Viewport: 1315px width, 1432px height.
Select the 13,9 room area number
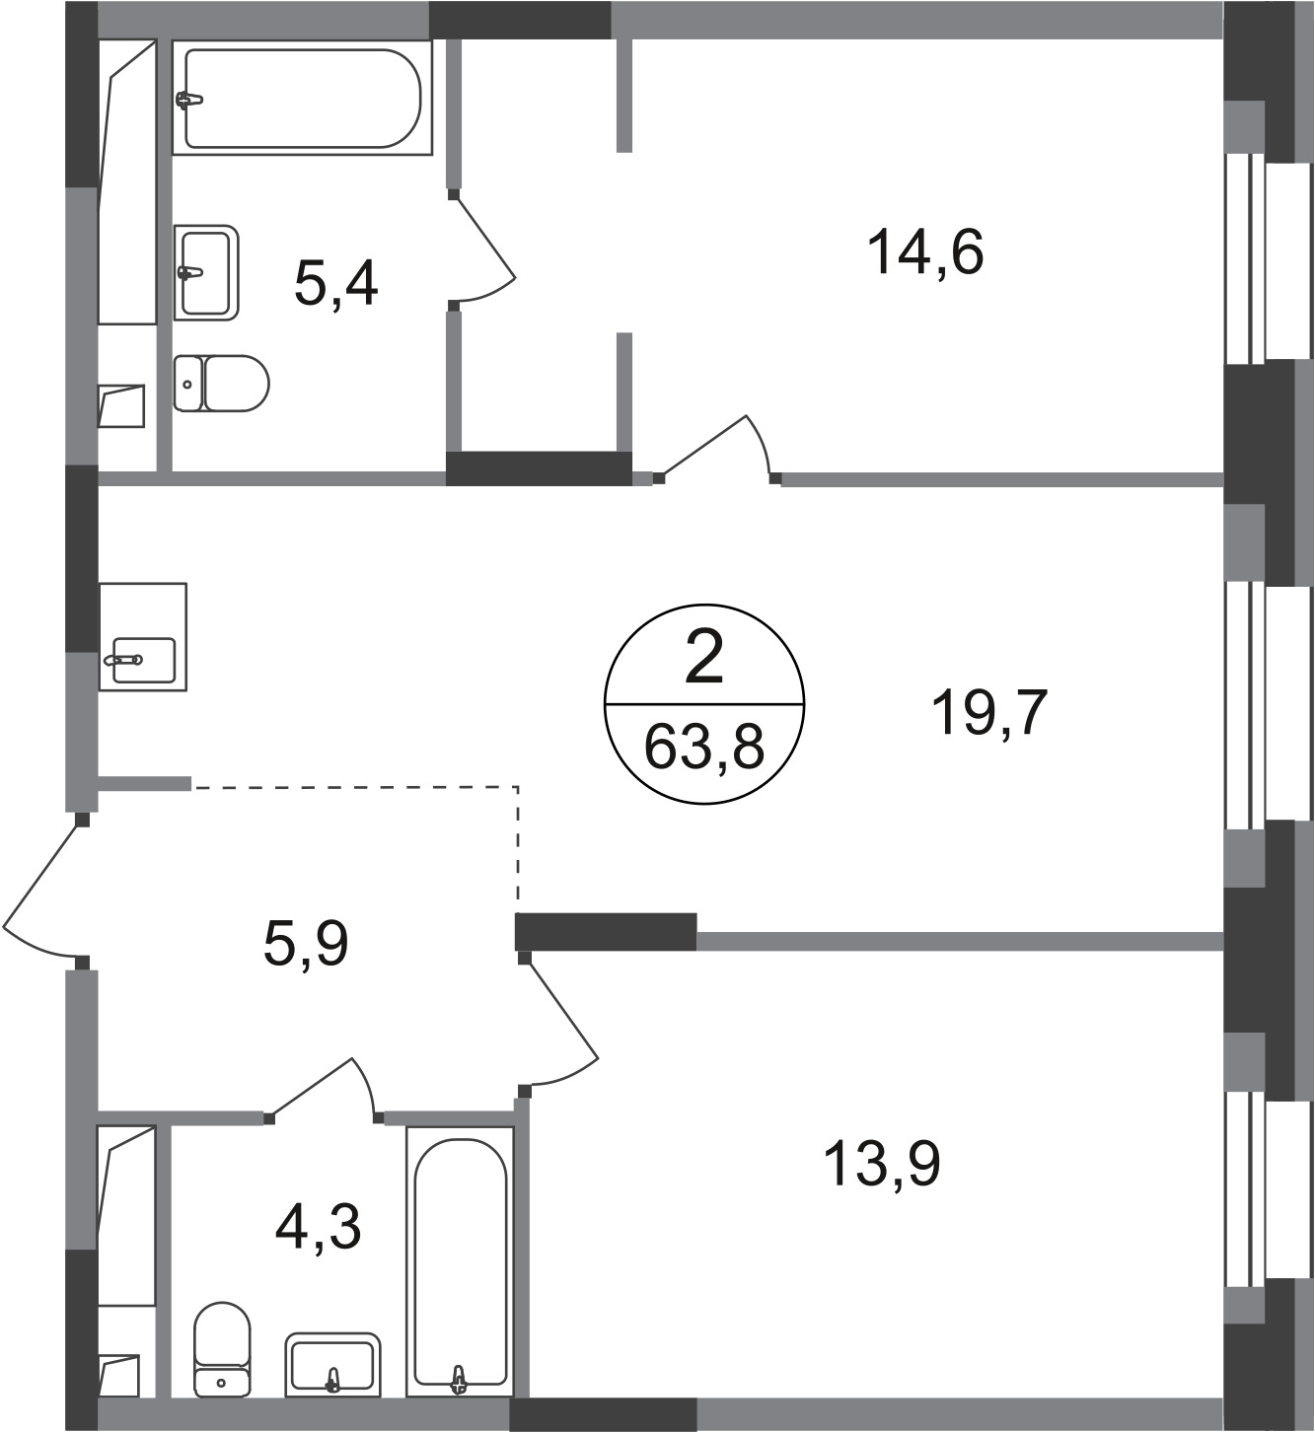coord(881,1165)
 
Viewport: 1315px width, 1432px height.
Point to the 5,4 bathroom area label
coord(335,283)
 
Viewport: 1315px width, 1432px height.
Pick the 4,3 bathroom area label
coord(318,1227)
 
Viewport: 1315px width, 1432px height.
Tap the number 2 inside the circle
coord(703,661)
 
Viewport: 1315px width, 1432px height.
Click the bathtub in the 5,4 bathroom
coord(303,98)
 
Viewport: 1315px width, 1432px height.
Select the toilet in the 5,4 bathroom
coord(221,384)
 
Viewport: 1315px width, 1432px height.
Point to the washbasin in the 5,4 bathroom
coord(206,272)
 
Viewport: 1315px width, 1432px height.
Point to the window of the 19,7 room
coord(1268,704)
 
